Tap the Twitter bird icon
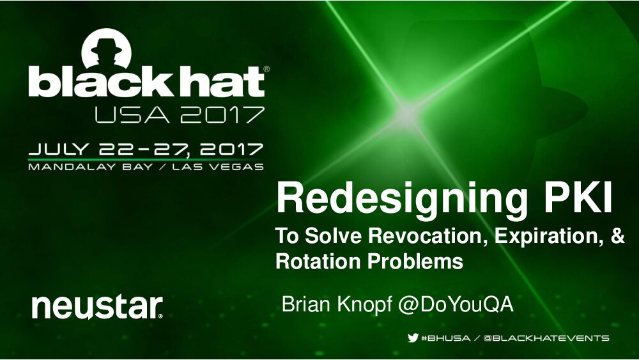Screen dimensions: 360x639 pos(413,338)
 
